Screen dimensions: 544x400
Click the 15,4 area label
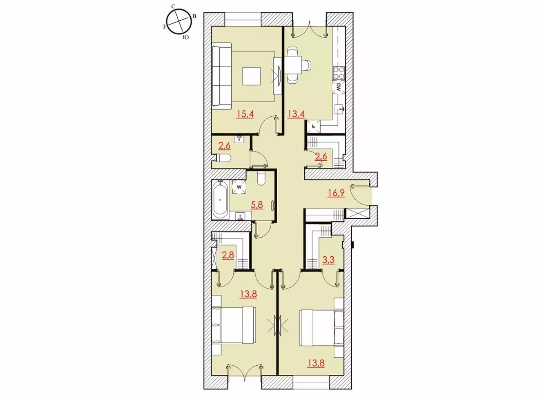245,114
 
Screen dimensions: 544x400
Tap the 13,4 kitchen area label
296,114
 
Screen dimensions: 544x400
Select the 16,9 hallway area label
336,193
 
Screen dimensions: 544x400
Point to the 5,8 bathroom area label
257,205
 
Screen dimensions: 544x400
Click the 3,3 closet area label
328,260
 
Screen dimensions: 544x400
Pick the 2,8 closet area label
228,255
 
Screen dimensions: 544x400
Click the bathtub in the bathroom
220,200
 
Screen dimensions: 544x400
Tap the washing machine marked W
239,187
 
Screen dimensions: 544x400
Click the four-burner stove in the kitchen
339,73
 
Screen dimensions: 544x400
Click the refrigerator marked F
314,126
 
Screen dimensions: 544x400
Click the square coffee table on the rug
251,76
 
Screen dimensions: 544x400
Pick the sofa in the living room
221,76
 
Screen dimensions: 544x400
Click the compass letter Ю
185,38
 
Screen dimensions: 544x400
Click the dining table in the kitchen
293,66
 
